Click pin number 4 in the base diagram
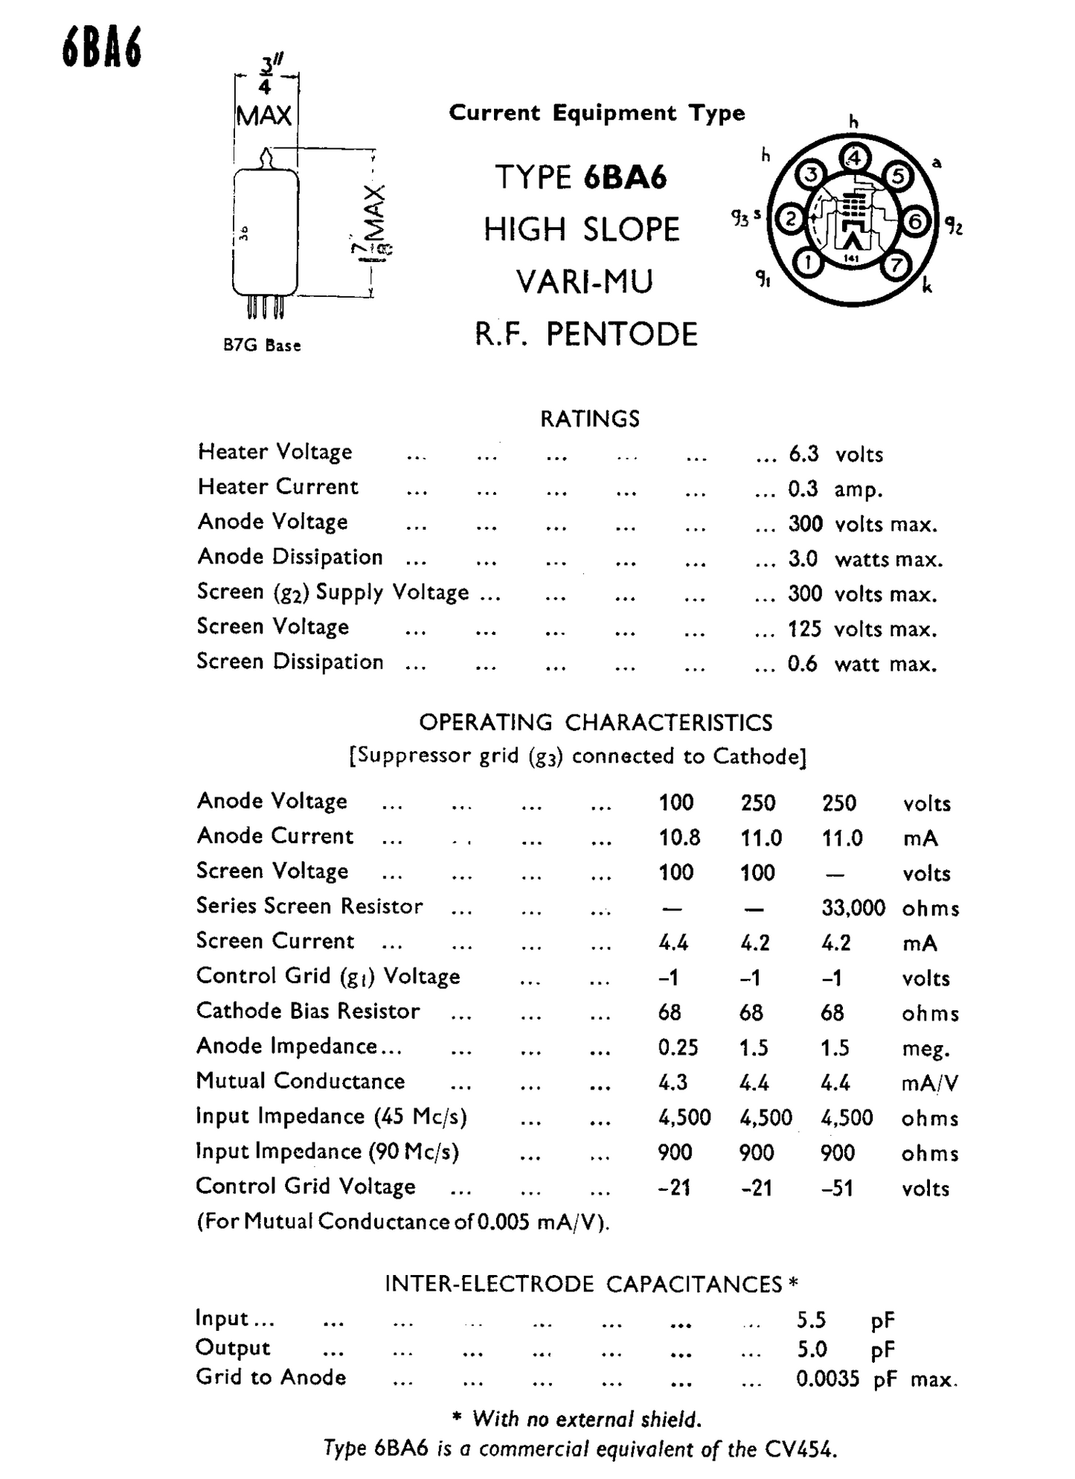click(854, 158)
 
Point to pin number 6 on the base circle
click(916, 221)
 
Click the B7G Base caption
click(262, 345)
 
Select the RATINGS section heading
click(589, 418)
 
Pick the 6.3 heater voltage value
click(803, 453)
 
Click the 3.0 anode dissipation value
click(803, 558)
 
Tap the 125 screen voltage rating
click(804, 629)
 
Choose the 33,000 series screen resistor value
click(853, 907)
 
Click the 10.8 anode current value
click(679, 837)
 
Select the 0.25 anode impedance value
click(678, 1047)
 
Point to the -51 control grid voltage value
click(838, 1188)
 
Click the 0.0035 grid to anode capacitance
click(827, 1379)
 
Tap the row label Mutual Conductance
click(301, 1081)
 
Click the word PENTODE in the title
click(622, 334)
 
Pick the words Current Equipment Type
click(597, 113)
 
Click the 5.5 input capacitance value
click(811, 1320)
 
